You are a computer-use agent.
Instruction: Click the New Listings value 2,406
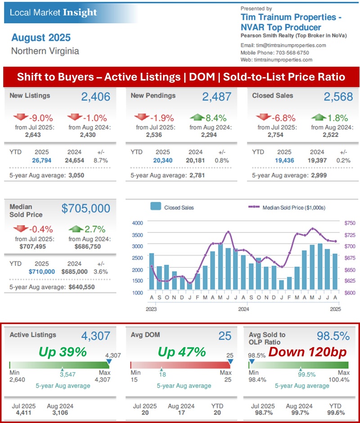click(x=96, y=96)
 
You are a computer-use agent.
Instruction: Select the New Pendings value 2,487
click(x=216, y=96)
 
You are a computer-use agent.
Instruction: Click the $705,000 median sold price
click(x=86, y=208)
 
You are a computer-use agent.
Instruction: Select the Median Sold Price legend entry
click(x=292, y=208)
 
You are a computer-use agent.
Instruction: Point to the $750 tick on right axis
click(x=349, y=223)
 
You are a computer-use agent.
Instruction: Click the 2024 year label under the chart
click(x=243, y=309)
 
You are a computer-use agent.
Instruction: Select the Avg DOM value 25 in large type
click(x=225, y=336)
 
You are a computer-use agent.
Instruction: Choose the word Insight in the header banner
click(x=80, y=12)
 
